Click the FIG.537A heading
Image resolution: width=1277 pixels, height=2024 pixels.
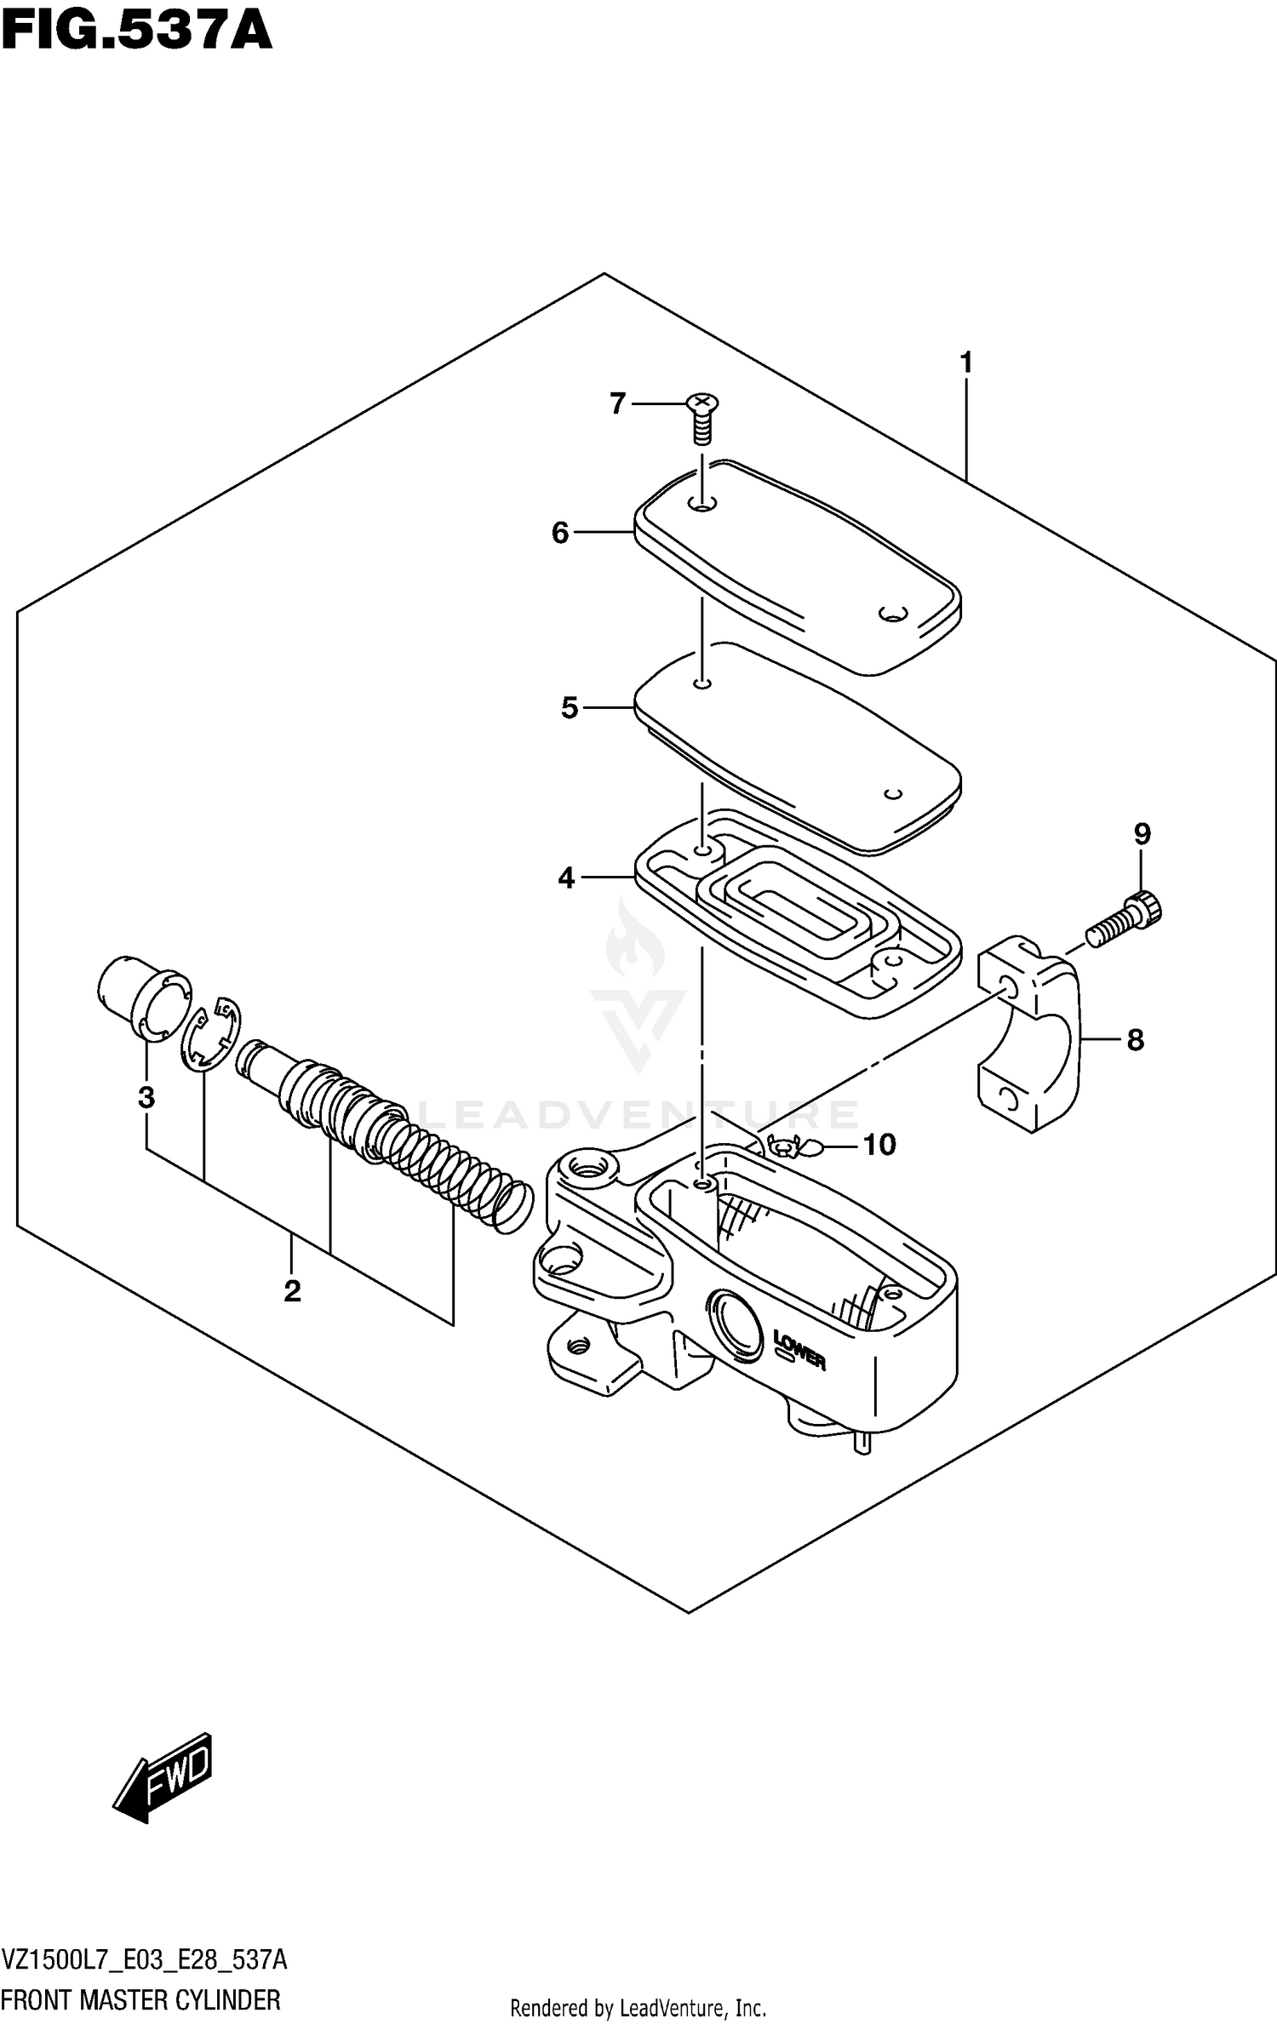point(136,32)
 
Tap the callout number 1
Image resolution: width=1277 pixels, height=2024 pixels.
point(965,363)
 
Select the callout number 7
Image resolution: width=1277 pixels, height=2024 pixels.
point(618,403)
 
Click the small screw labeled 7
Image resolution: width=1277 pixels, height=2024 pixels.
point(701,419)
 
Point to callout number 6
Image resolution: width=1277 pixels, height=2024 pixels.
point(560,533)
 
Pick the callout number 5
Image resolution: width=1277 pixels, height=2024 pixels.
point(570,707)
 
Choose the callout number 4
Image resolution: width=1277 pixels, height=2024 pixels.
point(567,878)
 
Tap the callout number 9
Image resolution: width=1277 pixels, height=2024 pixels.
point(1142,833)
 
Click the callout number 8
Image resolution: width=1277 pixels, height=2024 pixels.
point(1135,1039)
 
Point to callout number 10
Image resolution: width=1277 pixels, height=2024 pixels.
point(879,1145)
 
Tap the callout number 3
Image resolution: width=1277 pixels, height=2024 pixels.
point(146,1098)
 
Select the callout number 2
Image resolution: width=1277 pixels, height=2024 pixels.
point(292,1291)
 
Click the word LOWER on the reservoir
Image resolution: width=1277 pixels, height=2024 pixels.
point(799,1349)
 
